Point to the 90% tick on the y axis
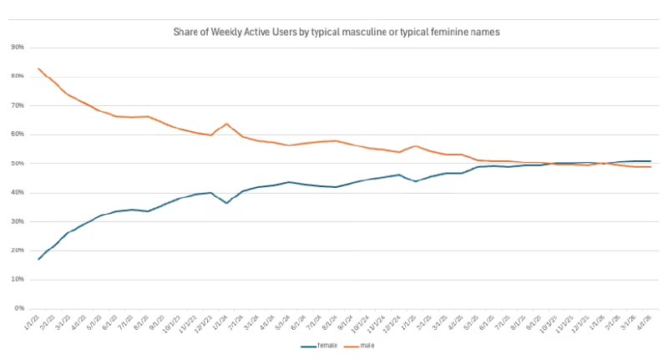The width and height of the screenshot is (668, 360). [x=17, y=47]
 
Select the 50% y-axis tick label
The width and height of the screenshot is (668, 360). [x=17, y=163]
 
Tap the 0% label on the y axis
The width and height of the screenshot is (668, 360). [x=18, y=308]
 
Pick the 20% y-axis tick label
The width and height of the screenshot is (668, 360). [x=17, y=251]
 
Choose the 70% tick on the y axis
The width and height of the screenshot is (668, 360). [x=17, y=105]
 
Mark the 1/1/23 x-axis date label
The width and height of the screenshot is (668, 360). [x=33, y=322]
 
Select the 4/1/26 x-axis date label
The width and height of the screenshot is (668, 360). [x=645, y=322]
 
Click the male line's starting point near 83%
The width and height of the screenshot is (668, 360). [x=38, y=68]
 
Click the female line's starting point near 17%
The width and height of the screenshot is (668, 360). [x=38, y=259]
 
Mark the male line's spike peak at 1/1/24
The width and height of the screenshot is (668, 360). [x=226, y=124]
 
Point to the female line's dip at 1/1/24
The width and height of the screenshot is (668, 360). [x=226, y=203]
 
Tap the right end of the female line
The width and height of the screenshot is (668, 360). [x=650, y=161]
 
